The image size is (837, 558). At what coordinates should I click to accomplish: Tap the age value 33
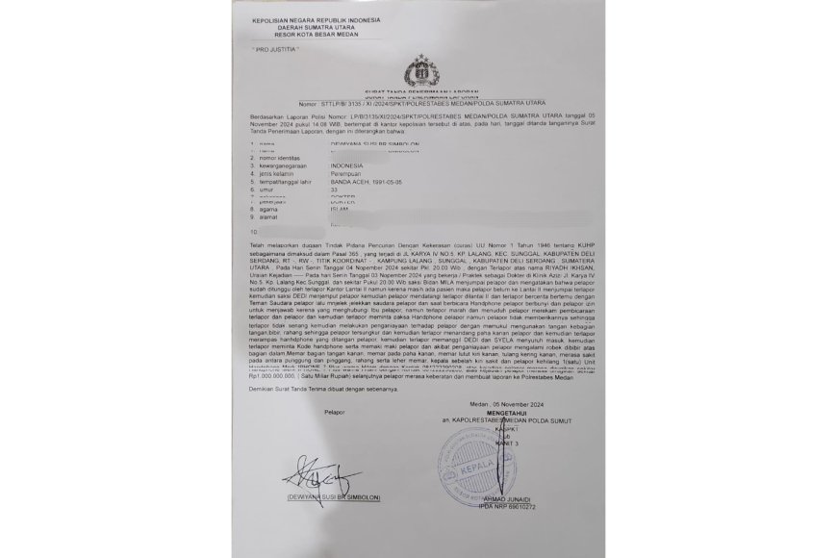coord(336,190)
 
